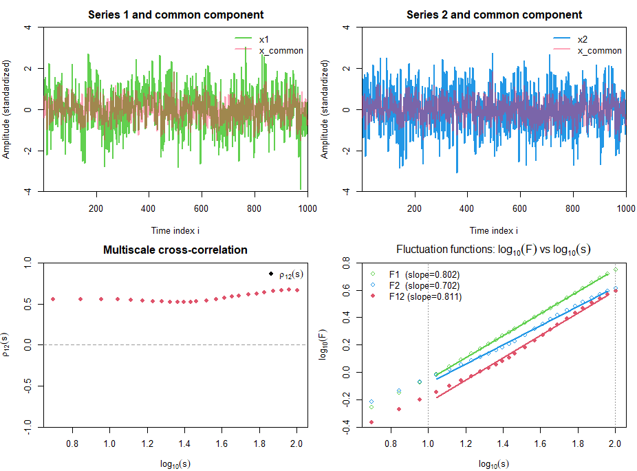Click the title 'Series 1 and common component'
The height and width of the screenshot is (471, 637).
tap(175, 15)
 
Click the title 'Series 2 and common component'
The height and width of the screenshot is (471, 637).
tap(494, 15)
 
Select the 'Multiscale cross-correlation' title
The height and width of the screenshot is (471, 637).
tap(175, 250)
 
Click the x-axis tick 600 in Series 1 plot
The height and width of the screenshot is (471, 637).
tap(201, 208)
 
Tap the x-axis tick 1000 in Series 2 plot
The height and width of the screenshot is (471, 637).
tap(626, 208)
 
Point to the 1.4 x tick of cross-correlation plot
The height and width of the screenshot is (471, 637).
tap(184, 443)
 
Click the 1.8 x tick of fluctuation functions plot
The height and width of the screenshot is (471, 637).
tap(578, 443)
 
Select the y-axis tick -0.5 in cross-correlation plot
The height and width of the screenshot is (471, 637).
tap(28, 386)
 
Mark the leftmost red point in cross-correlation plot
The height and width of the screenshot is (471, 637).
tap(53, 299)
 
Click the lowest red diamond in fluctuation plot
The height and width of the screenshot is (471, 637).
tap(371, 422)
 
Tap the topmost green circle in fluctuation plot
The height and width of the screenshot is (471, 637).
tap(616, 270)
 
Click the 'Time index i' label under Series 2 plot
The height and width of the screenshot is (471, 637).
tap(494, 230)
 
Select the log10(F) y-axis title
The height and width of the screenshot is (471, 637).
tap(323, 344)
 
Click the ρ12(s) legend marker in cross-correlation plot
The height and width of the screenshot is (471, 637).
tap(271, 274)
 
